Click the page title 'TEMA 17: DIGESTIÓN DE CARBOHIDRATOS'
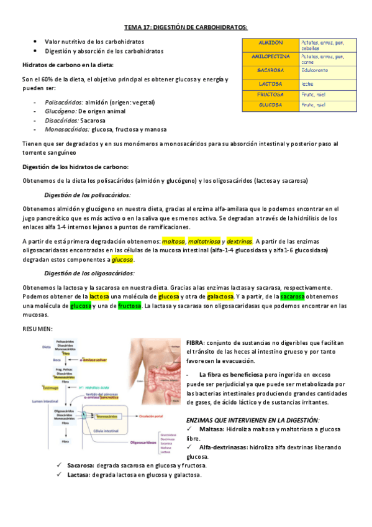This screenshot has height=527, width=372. pyautogui.click(x=186, y=27)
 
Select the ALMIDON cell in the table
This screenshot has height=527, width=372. pyautogui.click(x=270, y=43)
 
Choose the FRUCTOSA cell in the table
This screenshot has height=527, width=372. pyautogui.click(x=270, y=94)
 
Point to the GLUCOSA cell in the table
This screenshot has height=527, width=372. pyautogui.click(x=270, y=105)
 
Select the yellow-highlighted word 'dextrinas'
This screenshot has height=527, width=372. pyautogui.click(x=239, y=241)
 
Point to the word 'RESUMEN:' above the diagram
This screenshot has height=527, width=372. pyautogui.click(x=37, y=328)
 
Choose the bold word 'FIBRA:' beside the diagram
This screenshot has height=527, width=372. pyautogui.click(x=196, y=343)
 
